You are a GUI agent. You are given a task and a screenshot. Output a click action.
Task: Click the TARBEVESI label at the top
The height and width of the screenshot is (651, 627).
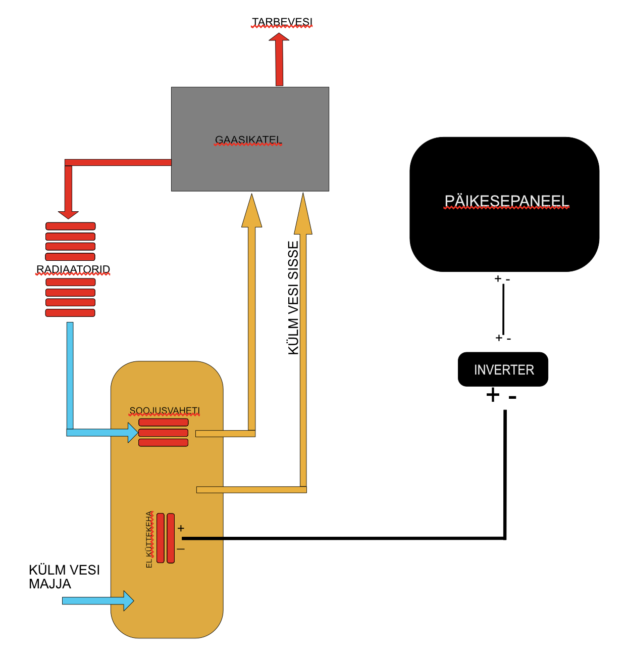282,22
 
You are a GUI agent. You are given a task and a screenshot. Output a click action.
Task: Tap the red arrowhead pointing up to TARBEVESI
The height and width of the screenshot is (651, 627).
279,38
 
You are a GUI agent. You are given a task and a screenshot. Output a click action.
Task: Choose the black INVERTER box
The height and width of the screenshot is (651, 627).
503,369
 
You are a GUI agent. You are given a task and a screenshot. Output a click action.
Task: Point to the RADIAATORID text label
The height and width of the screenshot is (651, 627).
73,269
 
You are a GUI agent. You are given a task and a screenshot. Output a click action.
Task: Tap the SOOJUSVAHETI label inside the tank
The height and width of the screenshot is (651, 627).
165,410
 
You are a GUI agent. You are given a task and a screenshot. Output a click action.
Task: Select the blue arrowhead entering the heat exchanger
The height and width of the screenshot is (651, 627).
133,433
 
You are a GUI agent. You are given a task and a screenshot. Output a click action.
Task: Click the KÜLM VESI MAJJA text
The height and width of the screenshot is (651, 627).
64,577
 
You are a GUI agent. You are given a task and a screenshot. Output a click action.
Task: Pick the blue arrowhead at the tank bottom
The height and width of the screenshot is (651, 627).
128,600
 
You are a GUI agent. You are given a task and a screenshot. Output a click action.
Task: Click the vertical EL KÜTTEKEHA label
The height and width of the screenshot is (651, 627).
149,539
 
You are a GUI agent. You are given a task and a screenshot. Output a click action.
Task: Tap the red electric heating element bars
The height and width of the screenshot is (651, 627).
166,538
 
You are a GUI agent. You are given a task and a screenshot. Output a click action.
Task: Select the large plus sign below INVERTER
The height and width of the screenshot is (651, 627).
493,395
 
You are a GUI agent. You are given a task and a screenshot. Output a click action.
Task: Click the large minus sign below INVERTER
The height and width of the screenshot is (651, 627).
512,397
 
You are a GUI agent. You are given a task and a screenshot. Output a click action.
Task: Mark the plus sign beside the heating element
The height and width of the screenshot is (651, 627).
181,528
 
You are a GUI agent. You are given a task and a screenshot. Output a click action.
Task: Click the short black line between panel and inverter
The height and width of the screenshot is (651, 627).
503,309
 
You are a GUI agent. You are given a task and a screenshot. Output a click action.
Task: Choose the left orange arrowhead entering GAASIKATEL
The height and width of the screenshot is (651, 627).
252,211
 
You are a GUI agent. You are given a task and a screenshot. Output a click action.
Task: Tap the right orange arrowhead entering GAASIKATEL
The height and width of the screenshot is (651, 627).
303,215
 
